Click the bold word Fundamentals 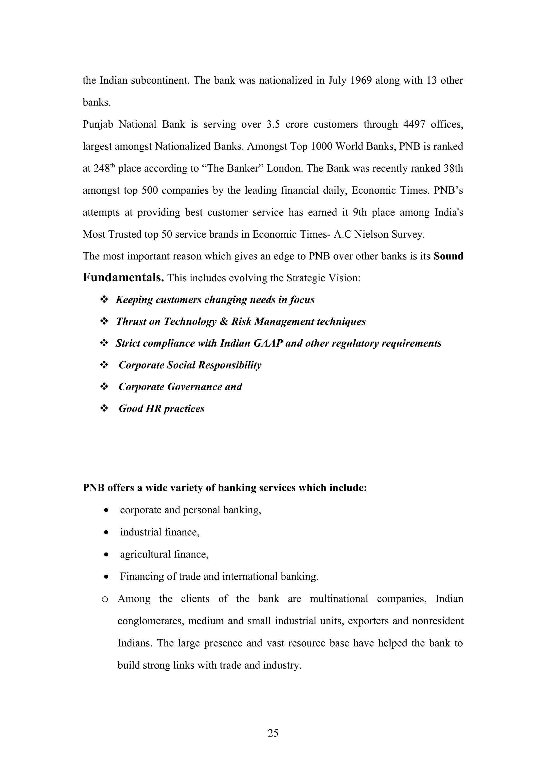click(123, 278)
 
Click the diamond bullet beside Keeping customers click(104, 299)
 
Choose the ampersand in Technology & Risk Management click(223, 322)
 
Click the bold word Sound click(448, 256)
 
